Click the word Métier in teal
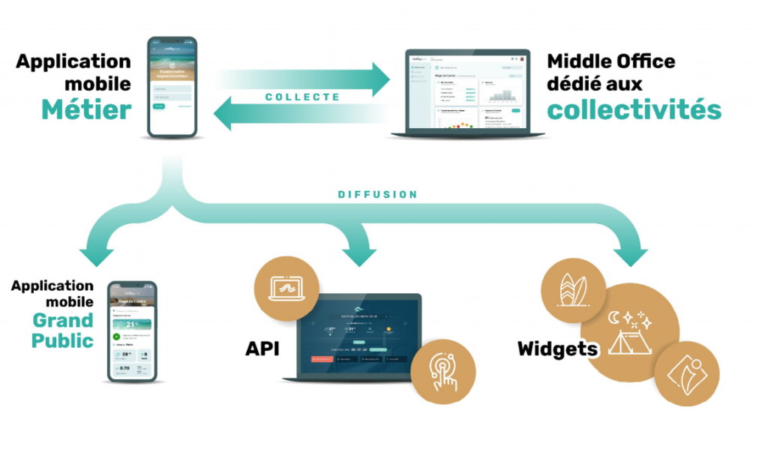click(x=87, y=109)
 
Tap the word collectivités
click(x=634, y=109)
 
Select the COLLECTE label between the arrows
click(x=302, y=97)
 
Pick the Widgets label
click(x=557, y=349)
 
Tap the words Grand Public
click(x=63, y=331)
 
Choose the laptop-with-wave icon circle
click(x=286, y=289)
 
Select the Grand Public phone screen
click(x=132, y=330)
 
